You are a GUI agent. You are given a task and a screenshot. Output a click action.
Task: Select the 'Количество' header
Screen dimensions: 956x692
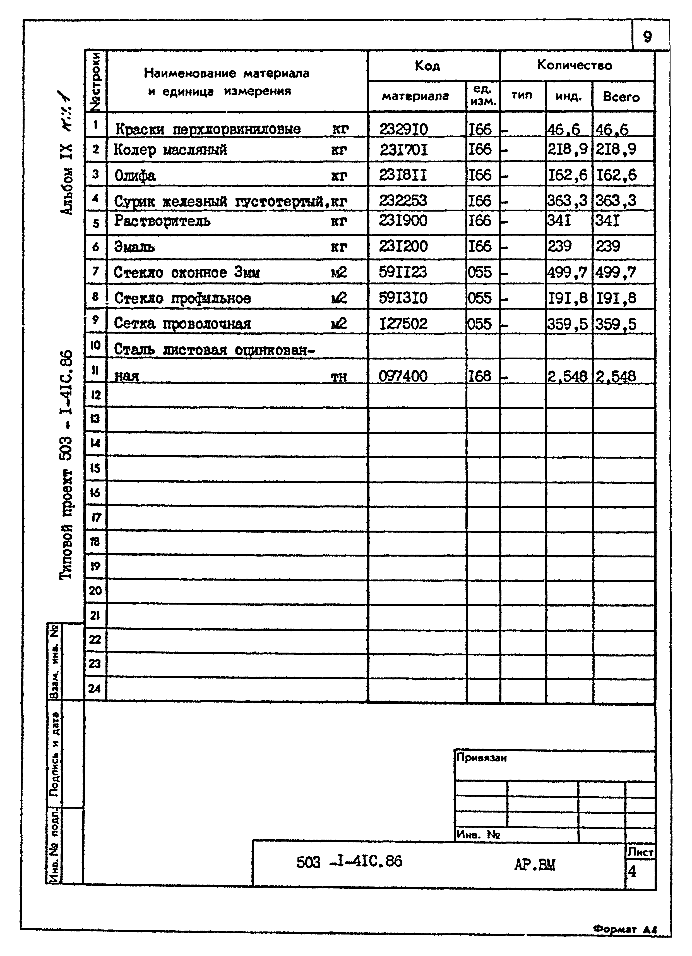(x=575, y=65)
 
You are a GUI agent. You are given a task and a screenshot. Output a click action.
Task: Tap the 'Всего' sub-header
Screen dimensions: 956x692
(x=621, y=97)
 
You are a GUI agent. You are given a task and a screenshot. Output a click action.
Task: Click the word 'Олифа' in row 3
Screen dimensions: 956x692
(x=135, y=175)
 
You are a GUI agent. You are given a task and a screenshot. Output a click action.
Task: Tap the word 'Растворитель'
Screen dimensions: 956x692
(x=162, y=221)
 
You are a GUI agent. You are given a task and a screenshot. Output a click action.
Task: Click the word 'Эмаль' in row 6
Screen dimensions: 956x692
(x=134, y=246)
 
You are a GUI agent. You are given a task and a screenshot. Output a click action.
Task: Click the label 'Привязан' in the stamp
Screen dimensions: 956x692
(x=481, y=758)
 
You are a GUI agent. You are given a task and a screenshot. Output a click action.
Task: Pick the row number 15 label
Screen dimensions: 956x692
(x=95, y=468)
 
